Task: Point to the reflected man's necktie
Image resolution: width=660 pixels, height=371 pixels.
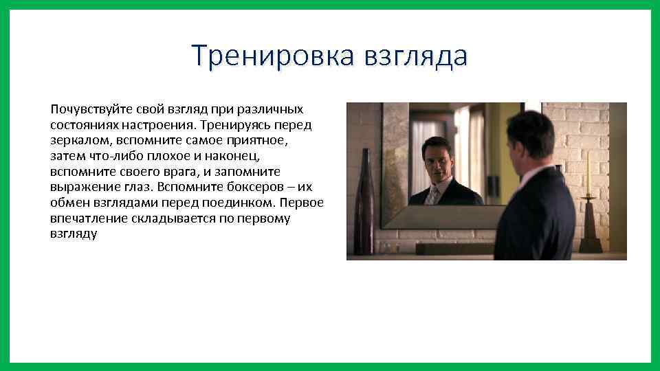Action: tap(433, 195)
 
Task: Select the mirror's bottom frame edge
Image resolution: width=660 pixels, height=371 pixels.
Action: tap(440, 216)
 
